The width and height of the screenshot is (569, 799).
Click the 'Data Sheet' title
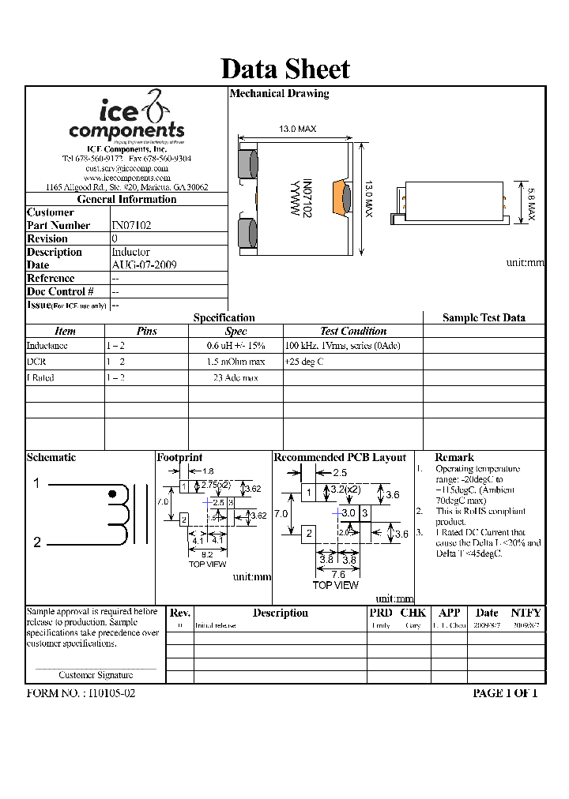(x=284, y=69)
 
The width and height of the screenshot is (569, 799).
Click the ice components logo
(x=126, y=118)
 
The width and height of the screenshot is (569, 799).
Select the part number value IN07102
(x=131, y=225)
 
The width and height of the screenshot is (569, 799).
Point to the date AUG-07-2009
(x=144, y=265)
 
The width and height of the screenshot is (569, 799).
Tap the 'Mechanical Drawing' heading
(x=279, y=93)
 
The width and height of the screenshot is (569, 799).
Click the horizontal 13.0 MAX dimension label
(x=297, y=129)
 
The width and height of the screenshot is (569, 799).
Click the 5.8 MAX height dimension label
(x=531, y=202)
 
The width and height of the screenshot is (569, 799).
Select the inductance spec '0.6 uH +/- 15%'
(x=236, y=346)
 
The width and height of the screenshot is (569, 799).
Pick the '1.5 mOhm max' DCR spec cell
(x=236, y=362)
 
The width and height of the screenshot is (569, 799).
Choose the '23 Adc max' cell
(x=236, y=378)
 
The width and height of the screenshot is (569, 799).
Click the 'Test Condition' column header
(x=353, y=332)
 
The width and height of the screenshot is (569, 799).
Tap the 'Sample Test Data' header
(x=484, y=317)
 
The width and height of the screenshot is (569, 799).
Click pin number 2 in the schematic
(x=36, y=542)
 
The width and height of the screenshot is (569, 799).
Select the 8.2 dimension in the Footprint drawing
(x=207, y=554)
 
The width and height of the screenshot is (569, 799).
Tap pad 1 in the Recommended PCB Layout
(x=310, y=494)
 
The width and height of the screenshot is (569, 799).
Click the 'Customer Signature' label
(x=96, y=675)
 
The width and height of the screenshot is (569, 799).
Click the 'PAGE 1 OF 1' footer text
(x=504, y=693)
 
